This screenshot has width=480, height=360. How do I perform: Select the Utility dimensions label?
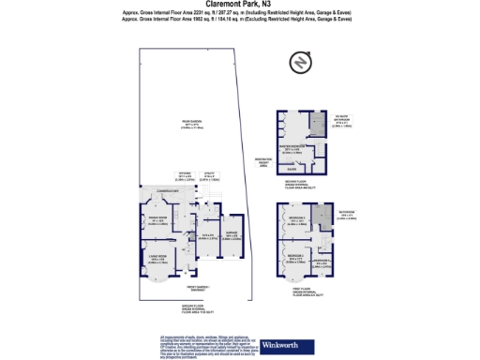tap(215, 176)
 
